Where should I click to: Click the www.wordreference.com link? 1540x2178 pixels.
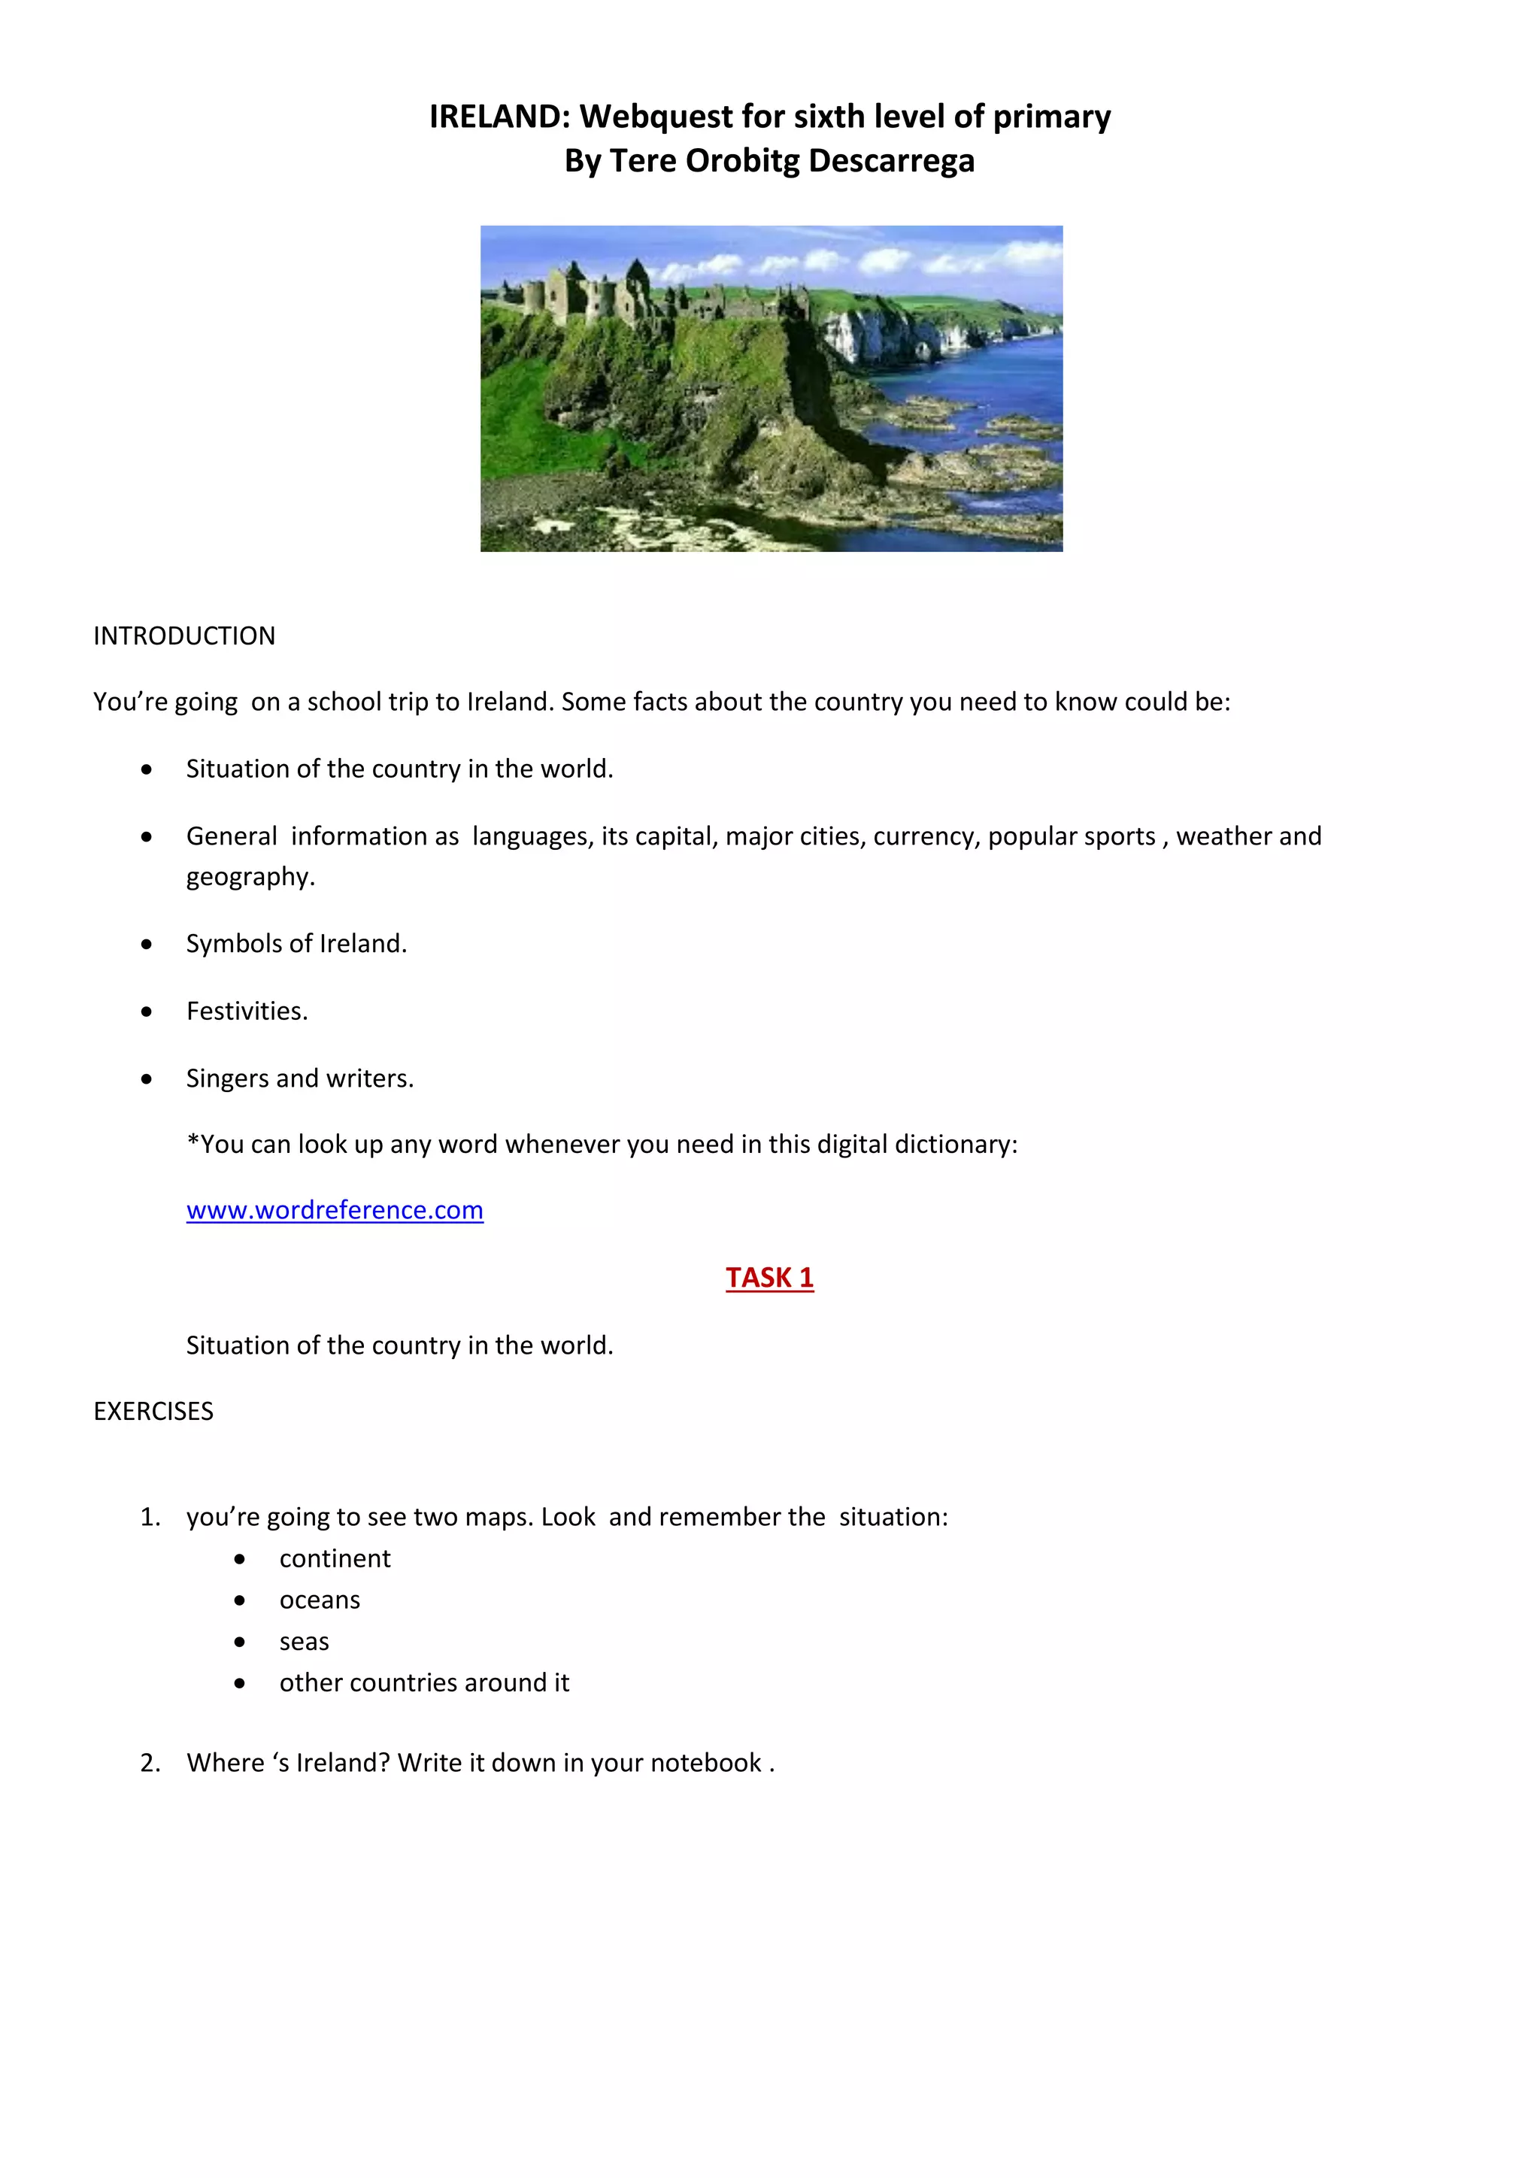tap(335, 1210)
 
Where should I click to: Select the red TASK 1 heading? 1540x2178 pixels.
tap(769, 1278)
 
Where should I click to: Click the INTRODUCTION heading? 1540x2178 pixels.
tap(184, 636)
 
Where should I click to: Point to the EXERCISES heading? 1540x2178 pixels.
tap(153, 1412)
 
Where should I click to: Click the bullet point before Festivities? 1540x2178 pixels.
tap(146, 1012)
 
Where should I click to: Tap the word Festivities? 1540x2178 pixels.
tap(247, 1012)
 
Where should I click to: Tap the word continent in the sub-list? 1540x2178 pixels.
tap(335, 1558)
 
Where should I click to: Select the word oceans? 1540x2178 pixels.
tap(320, 1600)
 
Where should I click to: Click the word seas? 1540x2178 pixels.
tap(305, 1642)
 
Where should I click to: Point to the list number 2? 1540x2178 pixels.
tap(150, 1763)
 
